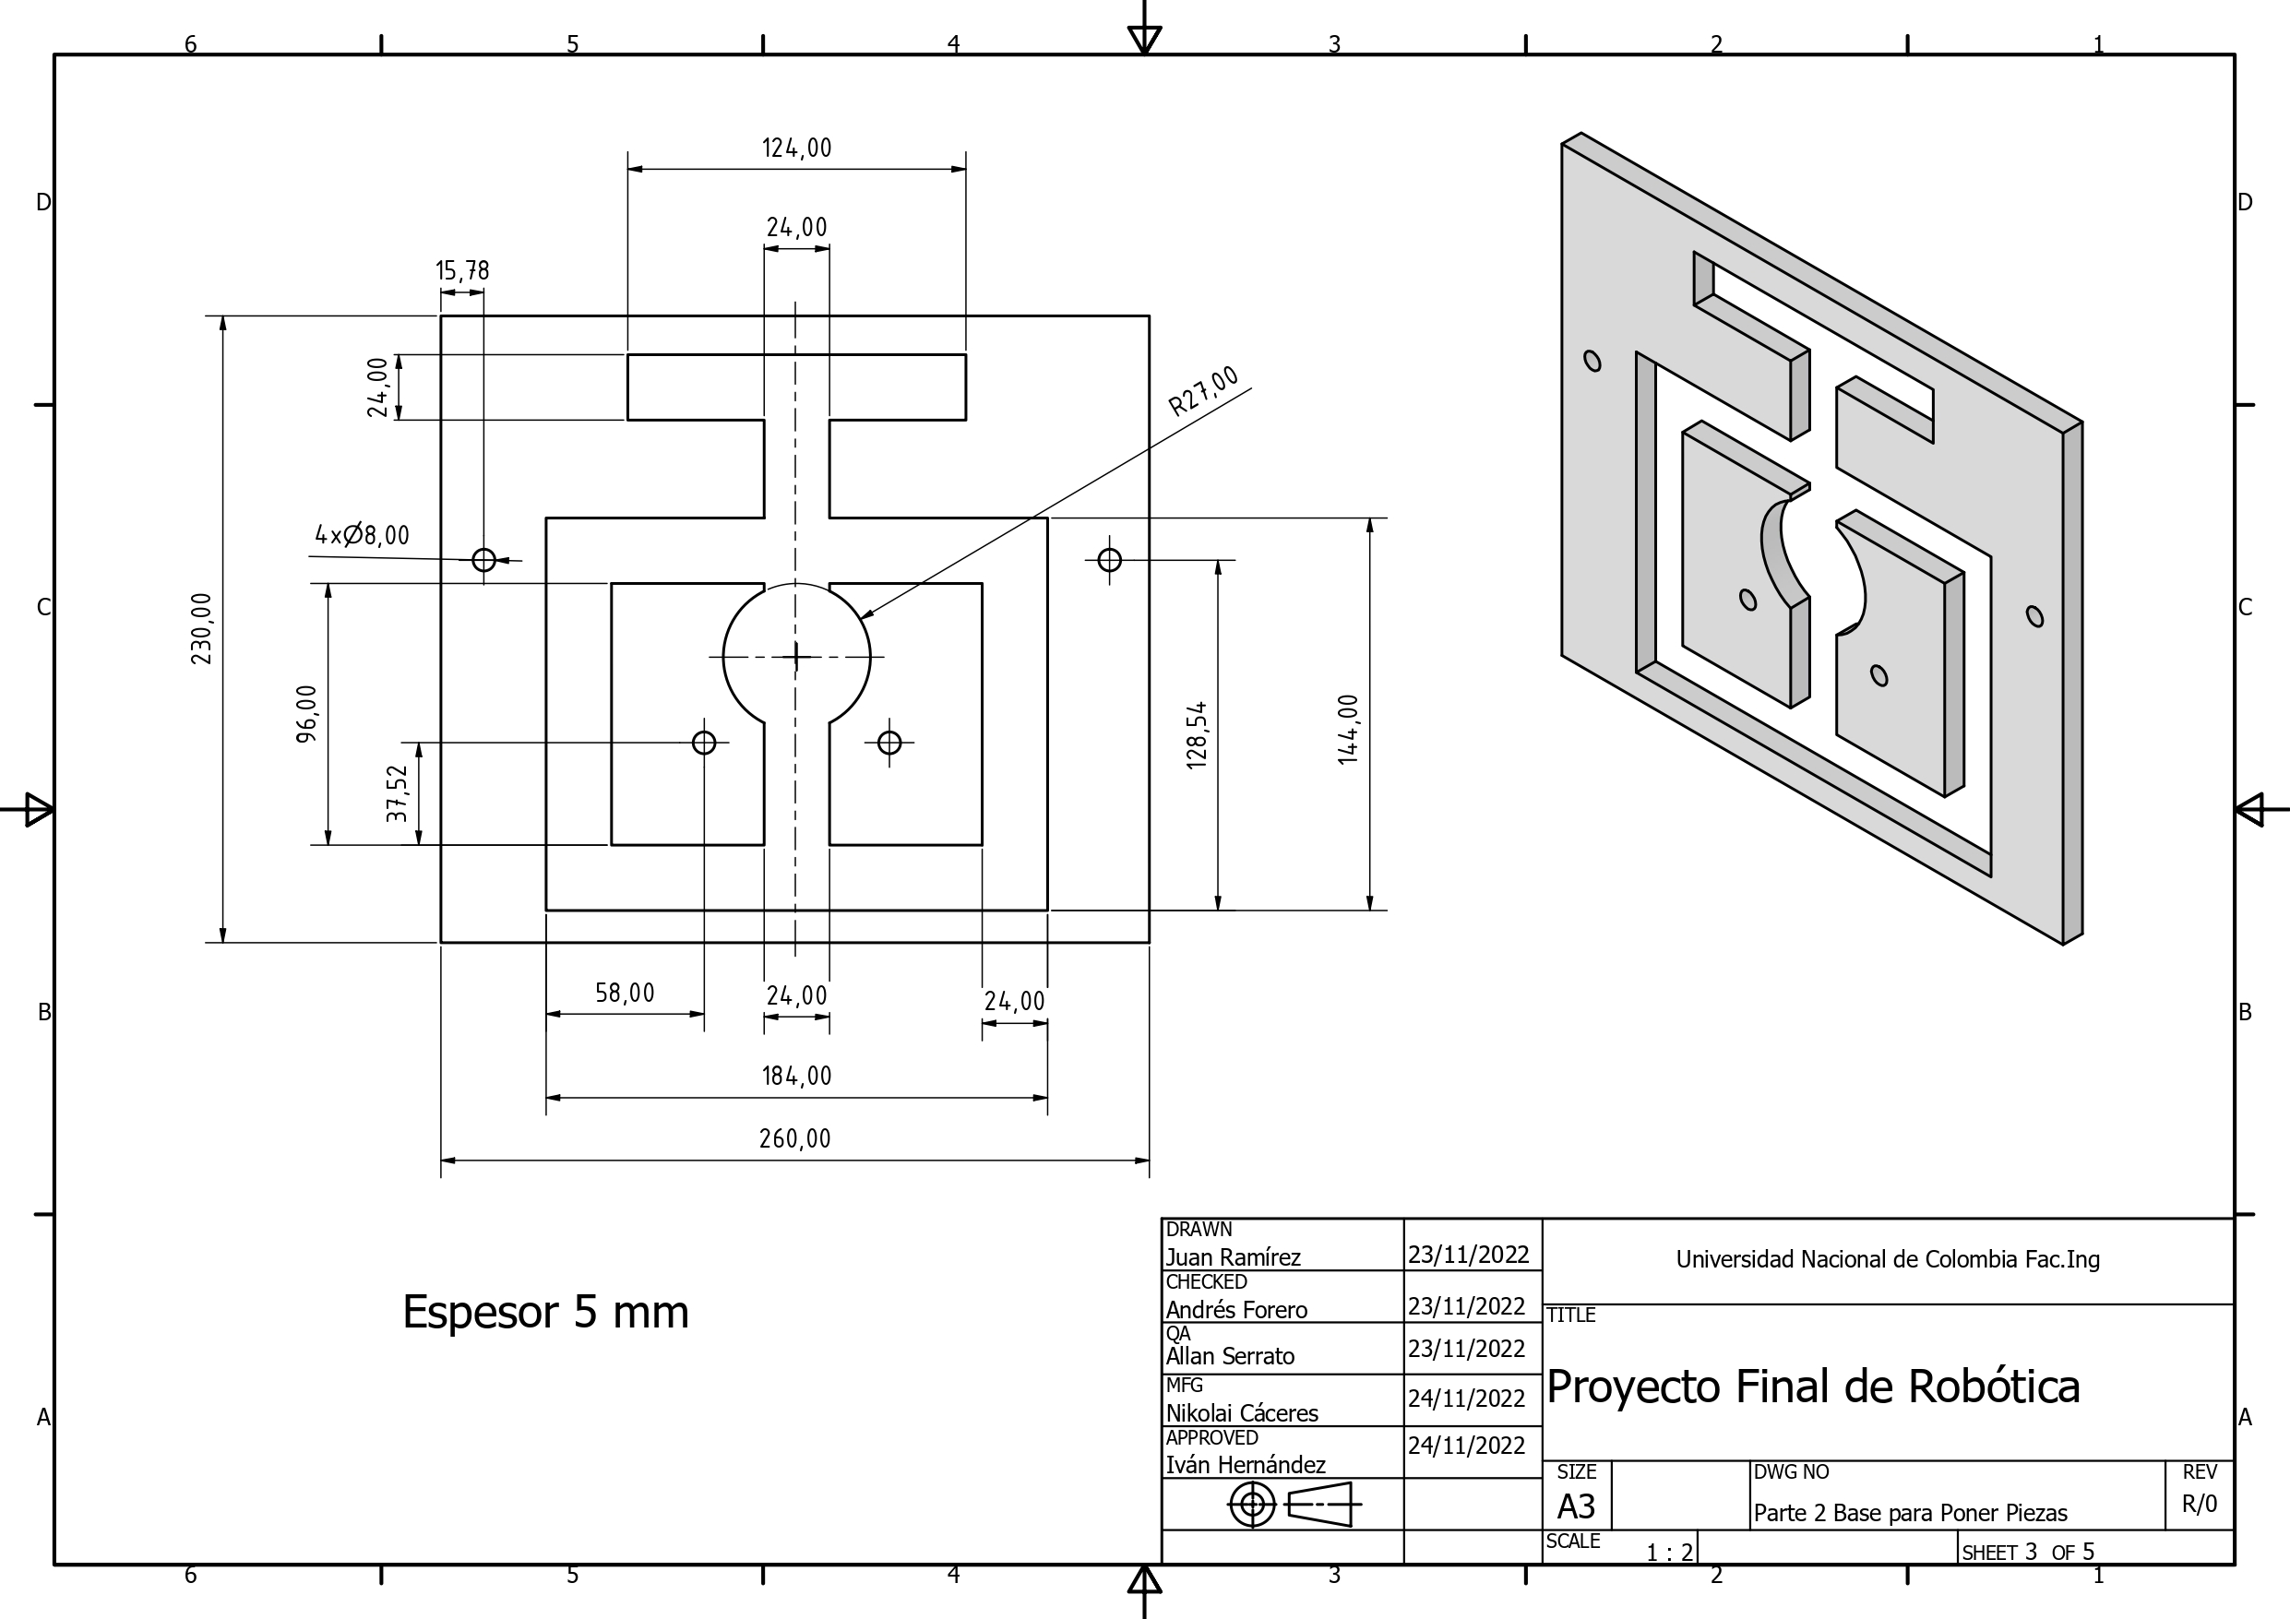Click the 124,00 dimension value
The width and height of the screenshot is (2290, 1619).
click(x=796, y=149)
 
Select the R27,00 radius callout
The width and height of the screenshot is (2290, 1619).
click(x=1204, y=391)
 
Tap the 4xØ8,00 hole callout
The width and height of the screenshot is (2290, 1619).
click(x=362, y=536)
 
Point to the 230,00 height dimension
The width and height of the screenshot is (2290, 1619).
click(x=201, y=628)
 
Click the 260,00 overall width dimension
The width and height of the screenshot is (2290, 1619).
click(x=795, y=1139)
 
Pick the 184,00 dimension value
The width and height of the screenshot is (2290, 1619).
click(x=796, y=1077)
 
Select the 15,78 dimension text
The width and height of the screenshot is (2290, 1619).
click(x=462, y=271)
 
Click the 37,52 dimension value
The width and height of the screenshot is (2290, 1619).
click(x=398, y=793)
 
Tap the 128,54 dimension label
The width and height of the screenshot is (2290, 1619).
click(x=1197, y=735)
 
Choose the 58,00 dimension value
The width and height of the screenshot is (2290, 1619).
click(x=625, y=994)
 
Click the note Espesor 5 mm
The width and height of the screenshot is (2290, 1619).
click(x=545, y=1312)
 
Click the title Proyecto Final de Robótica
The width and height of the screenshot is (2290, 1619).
click(x=1812, y=1387)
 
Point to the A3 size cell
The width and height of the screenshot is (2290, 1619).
click(x=1576, y=1506)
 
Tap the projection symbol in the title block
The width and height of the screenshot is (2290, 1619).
click(x=1294, y=1505)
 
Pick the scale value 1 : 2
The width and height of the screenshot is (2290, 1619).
click(x=1669, y=1554)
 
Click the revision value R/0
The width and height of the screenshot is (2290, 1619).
click(x=2200, y=1505)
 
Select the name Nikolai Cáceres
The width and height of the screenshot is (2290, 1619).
click(x=1242, y=1413)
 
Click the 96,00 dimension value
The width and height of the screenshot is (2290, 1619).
click(x=307, y=713)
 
